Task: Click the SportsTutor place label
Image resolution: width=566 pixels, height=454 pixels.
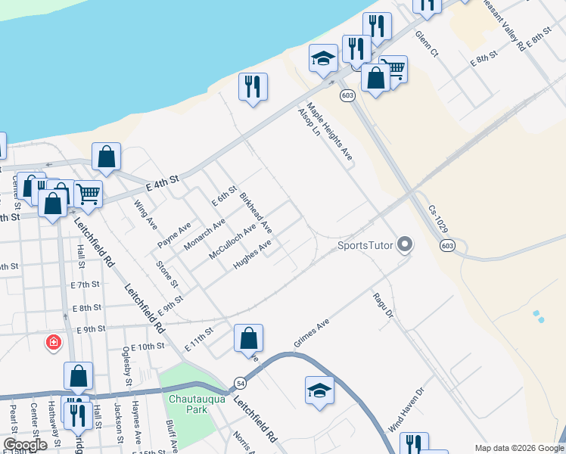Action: point(366,244)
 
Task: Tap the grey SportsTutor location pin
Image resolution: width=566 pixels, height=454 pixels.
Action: point(406,244)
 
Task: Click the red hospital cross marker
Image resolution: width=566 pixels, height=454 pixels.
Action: point(54,342)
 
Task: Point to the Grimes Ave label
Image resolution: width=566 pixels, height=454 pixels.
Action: point(313,334)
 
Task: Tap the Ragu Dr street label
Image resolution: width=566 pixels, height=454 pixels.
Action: point(384,305)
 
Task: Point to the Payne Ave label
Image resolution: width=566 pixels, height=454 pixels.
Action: point(174,235)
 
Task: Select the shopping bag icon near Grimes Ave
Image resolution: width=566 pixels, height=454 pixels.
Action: point(249,339)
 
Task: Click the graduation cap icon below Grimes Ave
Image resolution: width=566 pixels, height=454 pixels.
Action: point(319,390)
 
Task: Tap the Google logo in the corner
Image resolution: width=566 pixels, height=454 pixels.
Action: point(25,445)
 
